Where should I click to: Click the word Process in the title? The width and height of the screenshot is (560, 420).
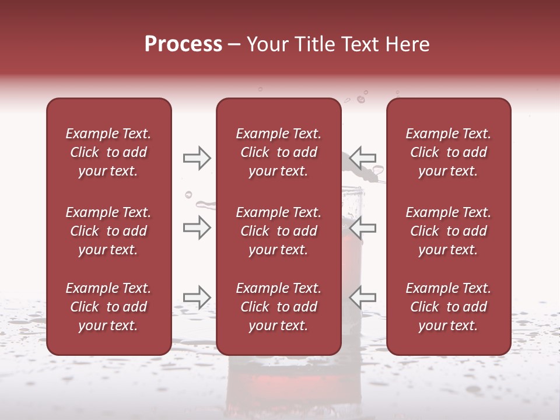coord(183,44)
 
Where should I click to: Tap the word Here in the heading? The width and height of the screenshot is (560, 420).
coord(408,44)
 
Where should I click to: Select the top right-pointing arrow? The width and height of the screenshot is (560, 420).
coord(197,158)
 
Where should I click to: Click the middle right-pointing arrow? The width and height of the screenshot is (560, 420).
coord(197,228)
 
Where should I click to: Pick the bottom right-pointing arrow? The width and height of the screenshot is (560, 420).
coord(197,297)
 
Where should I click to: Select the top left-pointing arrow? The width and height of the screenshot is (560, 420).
coord(363,158)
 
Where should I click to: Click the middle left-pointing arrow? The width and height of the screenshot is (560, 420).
coord(363,228)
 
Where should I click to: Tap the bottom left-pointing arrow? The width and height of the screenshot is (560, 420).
coord(363,297)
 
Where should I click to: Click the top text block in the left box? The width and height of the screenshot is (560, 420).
coord(108,152)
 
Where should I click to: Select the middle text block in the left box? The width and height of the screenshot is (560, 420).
coord(108,231)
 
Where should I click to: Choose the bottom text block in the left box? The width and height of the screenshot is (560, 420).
coord(108,307)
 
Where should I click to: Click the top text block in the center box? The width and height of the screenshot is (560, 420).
coord(278,152)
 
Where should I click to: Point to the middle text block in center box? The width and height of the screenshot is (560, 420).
coord(278,231)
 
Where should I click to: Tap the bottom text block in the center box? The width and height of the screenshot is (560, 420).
coord(278,307)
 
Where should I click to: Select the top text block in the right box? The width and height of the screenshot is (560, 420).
coord(448,152)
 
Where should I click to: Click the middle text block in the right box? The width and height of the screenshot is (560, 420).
coord(448,231)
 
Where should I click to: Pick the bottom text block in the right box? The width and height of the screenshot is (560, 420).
coord(448,307)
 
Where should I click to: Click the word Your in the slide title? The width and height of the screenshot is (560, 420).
coord(268,44)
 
